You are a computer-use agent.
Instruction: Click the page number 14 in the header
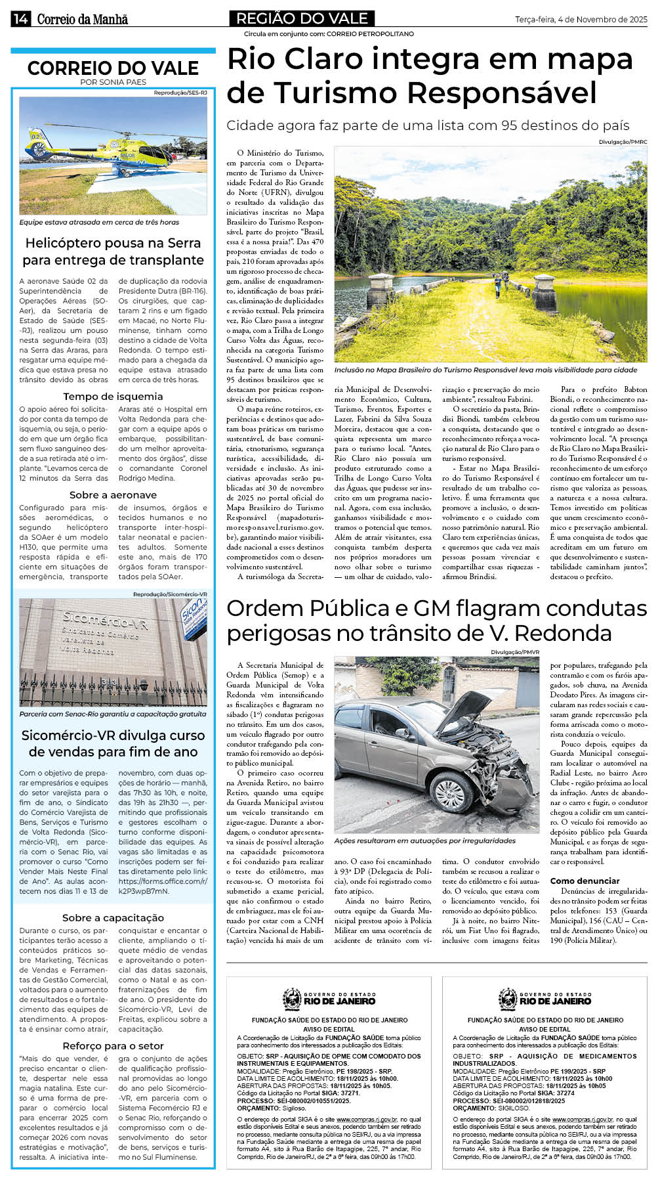(19, 19)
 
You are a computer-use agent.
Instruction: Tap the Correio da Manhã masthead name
(82, 19)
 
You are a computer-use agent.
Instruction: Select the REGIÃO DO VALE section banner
(301, 18)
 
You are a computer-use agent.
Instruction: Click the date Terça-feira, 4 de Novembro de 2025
(581, 20)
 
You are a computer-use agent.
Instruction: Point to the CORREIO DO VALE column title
(113, 68)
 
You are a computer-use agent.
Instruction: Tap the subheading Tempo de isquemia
(113, 397)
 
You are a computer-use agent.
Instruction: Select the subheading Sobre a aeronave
(113, 495)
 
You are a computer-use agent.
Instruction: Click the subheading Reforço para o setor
(113, 1046)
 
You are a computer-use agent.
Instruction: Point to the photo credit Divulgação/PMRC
(623, 142)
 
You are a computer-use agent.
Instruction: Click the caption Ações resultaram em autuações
(424, 841)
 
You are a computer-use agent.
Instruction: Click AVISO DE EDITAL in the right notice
(545, 1029)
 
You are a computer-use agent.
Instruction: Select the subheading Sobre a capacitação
(113, 918)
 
